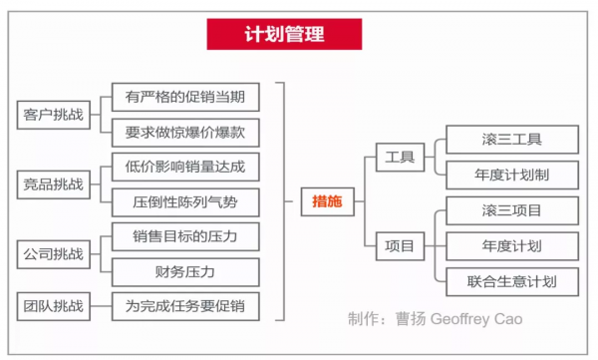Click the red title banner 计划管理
click(284, 35)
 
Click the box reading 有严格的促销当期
click(185, 97)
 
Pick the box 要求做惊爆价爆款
click(185, 132)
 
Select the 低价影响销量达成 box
click(185, 166)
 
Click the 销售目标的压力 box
click(185, 236)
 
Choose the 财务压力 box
click(185, 270)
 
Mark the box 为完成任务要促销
click(185, 304)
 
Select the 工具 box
click(401, 156)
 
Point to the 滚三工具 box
click(511, 139)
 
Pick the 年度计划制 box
click(511, 174)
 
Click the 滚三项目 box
click(511, 209)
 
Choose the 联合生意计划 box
click(511, 280)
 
